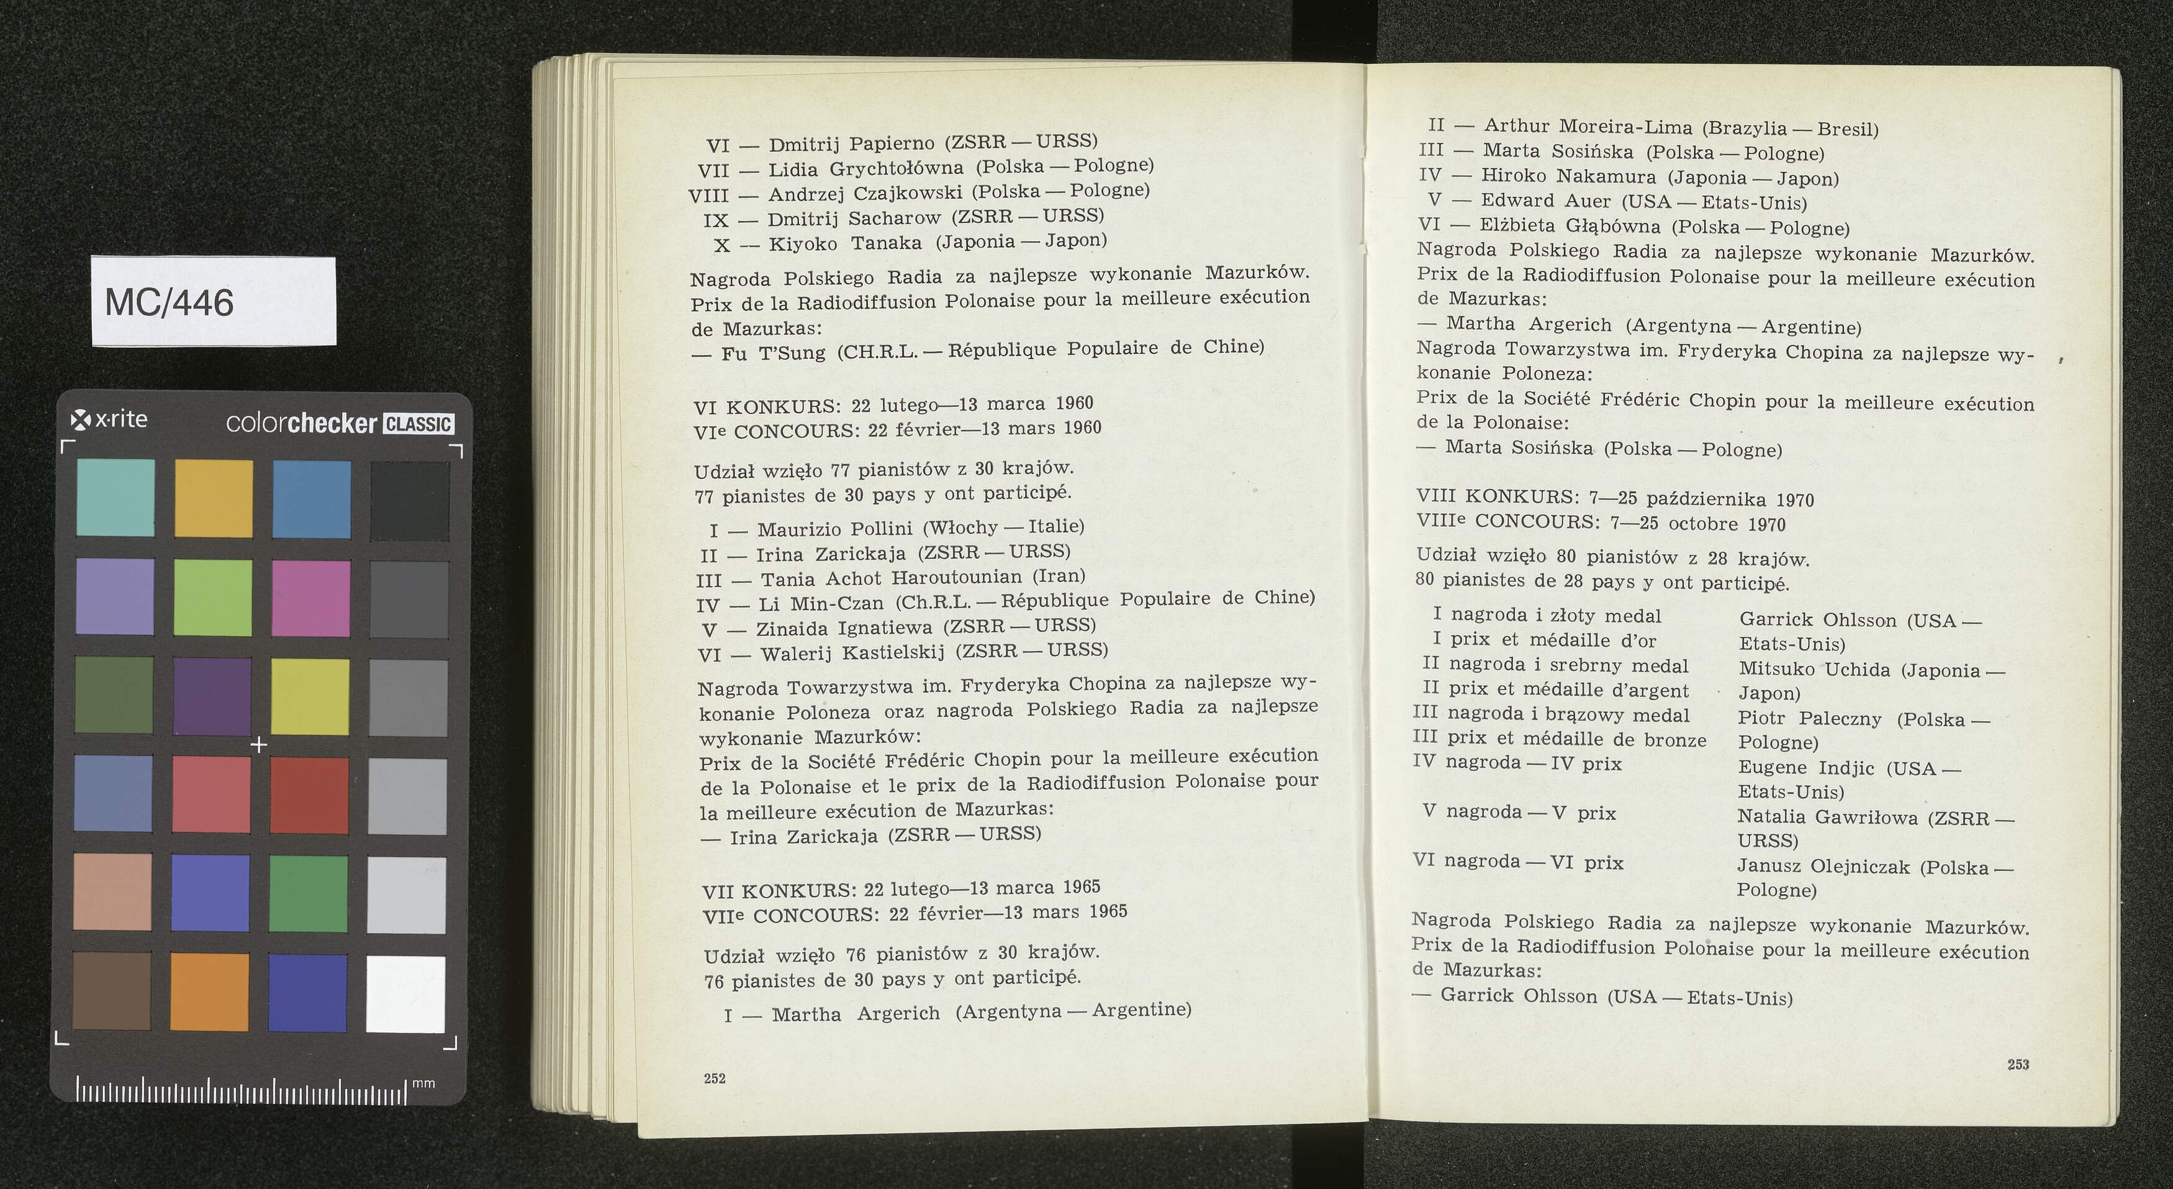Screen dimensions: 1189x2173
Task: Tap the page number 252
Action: (x=715, y=1078)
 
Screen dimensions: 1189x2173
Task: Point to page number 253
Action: (x=2018, y=1065)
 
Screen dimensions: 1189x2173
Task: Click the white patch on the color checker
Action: (x=406, y=993)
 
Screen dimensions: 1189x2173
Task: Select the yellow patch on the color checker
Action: (x=310, y=697)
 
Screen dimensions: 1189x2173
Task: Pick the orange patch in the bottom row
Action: (x=209, y=991)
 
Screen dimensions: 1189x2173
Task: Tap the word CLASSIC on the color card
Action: (x=418, y=424)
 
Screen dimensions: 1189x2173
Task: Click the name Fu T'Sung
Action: (x=773, y=353)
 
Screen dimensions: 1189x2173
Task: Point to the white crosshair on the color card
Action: (x=259, y=744)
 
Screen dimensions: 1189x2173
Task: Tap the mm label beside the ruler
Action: (x=423, y=1083)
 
